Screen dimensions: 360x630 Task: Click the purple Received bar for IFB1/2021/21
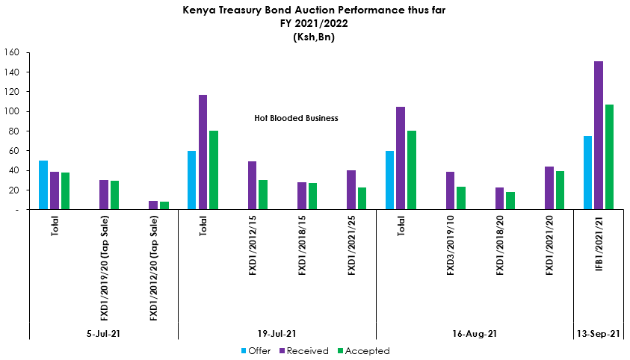click(599, 135)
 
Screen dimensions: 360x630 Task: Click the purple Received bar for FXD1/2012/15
click(253, 185)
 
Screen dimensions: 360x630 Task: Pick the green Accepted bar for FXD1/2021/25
click(362, 199)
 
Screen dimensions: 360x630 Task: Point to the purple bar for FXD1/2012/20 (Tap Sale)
click(153, 205)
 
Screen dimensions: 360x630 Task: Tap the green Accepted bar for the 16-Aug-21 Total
click(412, 170)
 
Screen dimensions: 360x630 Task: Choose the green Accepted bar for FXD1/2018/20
click(510, 201)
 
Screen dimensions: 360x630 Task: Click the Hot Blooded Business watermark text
click(297, 118)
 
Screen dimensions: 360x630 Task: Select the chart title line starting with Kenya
click(314, 11)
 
